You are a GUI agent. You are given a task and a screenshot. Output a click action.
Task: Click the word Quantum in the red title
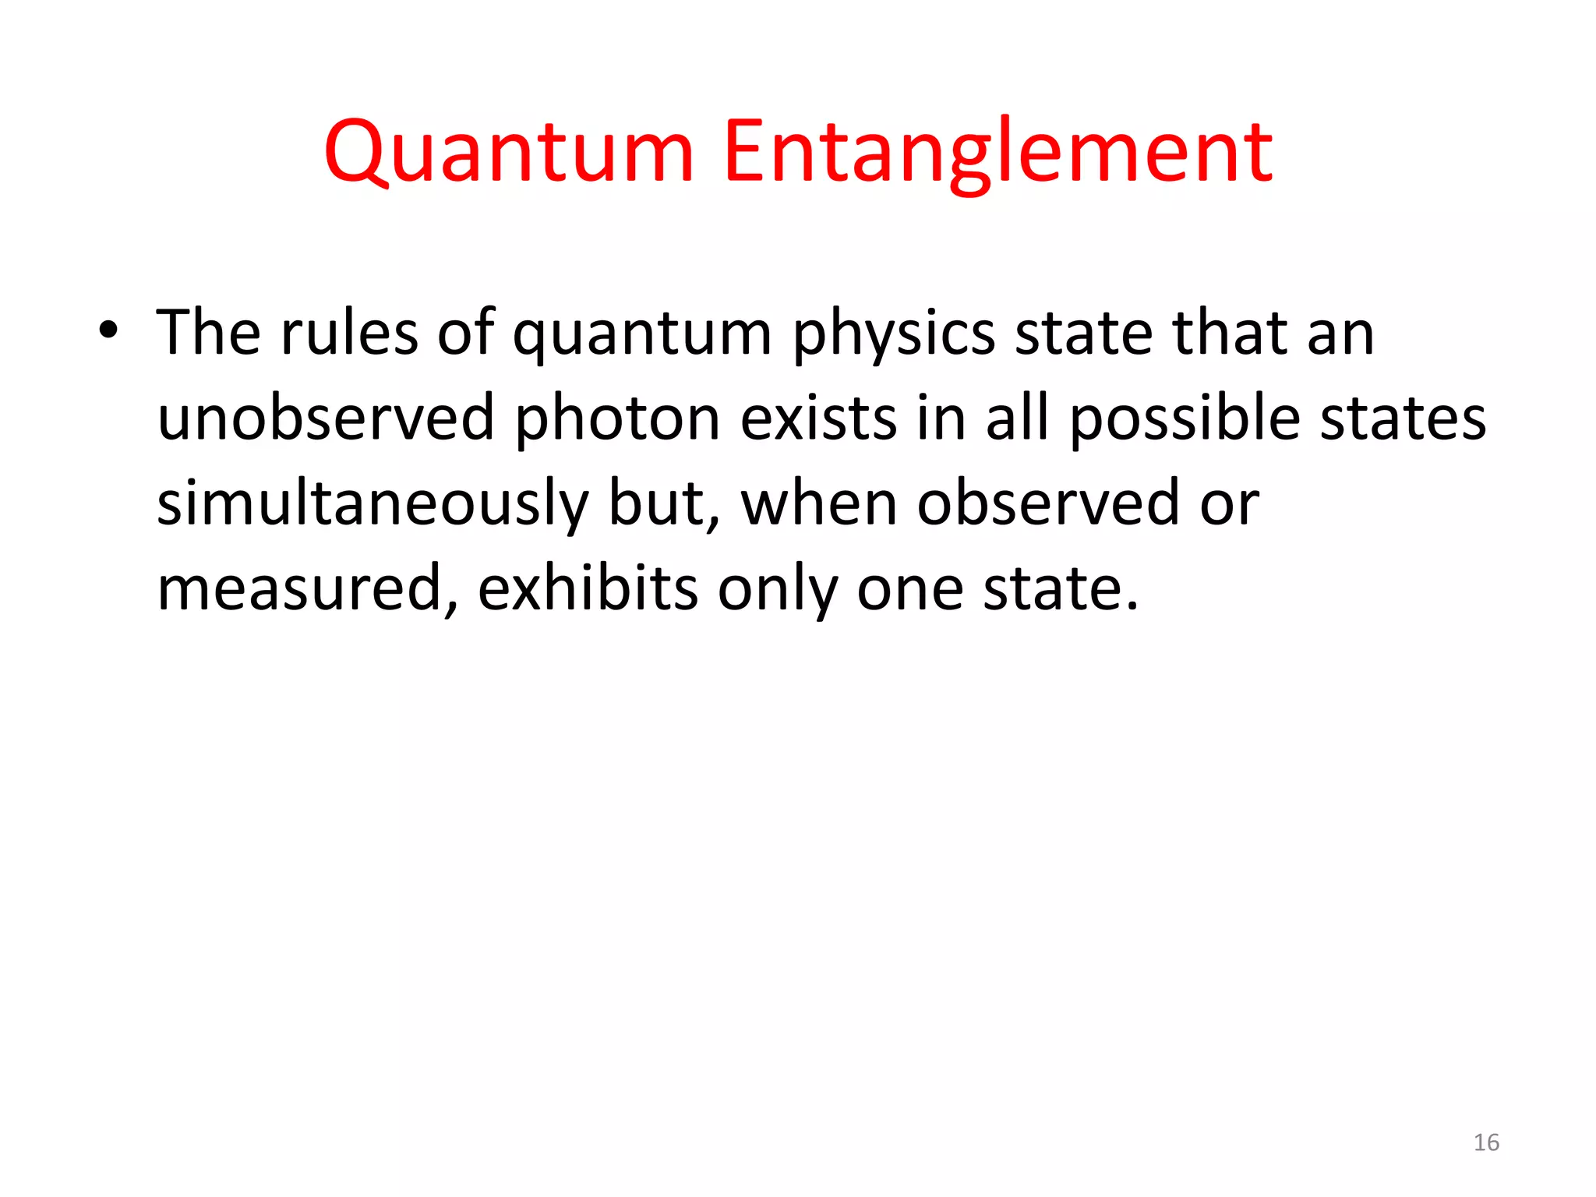[x=509, y=152]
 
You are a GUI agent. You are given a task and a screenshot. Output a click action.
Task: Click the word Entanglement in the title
[x=998, y=152]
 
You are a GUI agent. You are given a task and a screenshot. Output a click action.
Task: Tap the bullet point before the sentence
[x=108, y=331]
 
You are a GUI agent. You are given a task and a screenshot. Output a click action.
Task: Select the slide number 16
[x=1486, y=1142]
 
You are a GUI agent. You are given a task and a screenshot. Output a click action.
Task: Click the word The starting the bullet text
[x=208, y=333]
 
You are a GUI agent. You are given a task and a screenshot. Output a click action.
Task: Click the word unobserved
[x=326, y=418]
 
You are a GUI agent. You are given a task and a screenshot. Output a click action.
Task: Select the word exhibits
[x=588, y=588]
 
